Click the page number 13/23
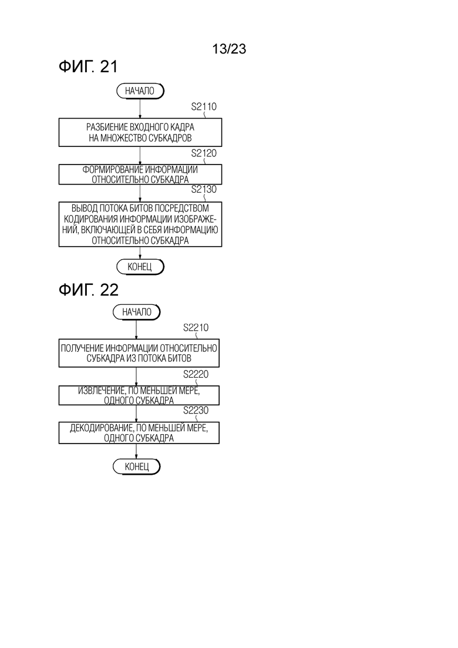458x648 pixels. [229, 49]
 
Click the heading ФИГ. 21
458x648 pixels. [89, 66]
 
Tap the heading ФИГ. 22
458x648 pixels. [89, 290]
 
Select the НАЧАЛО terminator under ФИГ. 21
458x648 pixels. [140, 91]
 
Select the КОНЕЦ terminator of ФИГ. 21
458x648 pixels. [140, 267]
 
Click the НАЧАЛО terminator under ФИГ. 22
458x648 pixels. [137, 312]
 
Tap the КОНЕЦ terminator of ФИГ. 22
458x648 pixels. [137, 466]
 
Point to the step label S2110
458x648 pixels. [204, 107]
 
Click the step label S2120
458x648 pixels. [204, 153]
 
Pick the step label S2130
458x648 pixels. [204, 189]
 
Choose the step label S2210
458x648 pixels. [196, 328]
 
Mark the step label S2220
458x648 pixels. [196, 374]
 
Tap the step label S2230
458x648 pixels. [196, 411]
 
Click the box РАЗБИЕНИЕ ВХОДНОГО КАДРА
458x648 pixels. [140, 132]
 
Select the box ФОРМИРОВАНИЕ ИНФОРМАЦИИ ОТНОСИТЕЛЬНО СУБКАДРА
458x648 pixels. [140, 174]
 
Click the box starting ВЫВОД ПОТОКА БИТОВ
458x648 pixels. [140, 224]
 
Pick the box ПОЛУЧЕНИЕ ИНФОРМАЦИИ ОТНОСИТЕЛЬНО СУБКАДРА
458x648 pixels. [139, 353]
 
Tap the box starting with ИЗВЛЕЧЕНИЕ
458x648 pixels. [139, 395]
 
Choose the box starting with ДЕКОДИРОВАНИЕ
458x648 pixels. [139, 433]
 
